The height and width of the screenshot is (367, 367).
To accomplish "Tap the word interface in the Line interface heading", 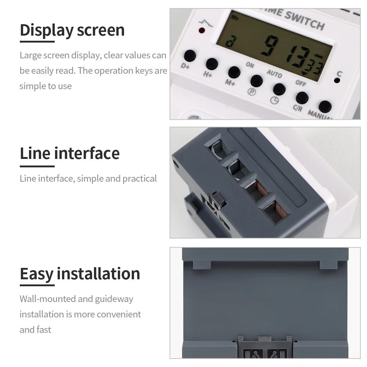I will point(87,153).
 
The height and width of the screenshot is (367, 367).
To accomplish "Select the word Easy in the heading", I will point(36,274).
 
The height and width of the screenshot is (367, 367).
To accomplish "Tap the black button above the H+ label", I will point(212,64).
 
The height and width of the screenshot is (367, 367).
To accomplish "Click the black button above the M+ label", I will point(234,72).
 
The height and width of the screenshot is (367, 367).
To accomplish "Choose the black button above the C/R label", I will point(302,98).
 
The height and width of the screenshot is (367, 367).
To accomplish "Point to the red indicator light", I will point(201,30).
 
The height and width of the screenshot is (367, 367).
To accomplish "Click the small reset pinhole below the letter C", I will point(337,80).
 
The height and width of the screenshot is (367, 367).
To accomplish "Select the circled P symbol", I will point(251,92).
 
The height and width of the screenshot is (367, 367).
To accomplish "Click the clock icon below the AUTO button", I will point(275,100).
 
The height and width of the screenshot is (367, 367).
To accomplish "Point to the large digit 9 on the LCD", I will point(272,46).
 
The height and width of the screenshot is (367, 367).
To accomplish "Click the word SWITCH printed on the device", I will point(305,20).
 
